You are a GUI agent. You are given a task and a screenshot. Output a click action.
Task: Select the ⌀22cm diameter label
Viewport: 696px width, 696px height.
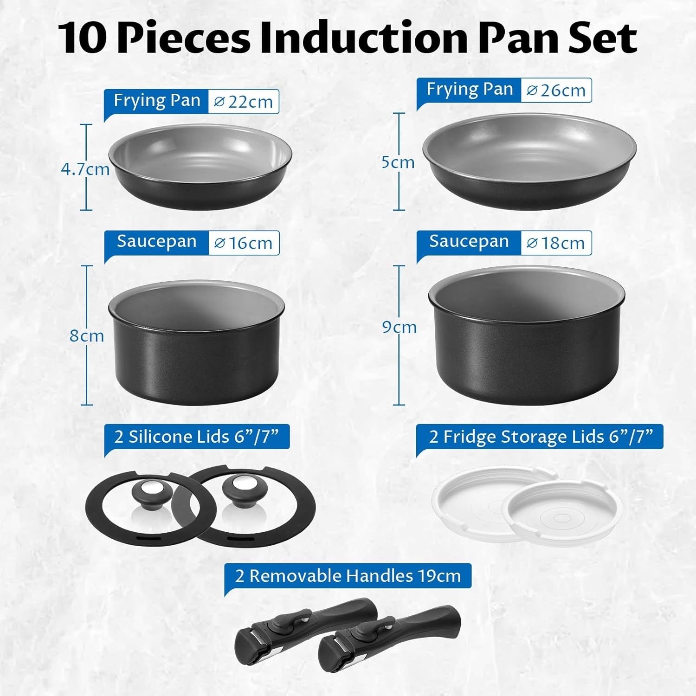[243, 102]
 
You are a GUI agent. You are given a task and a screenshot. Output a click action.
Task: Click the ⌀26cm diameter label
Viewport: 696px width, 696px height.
[556, 90]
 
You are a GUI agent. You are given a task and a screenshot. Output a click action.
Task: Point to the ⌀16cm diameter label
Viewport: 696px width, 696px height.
[243, 243]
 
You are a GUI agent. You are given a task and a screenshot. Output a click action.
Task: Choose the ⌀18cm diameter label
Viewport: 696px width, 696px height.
[556, 243]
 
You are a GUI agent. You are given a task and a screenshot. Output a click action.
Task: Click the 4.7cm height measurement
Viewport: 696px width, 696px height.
[85, 169]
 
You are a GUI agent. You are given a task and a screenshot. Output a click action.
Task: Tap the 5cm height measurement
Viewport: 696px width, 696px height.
[398, 162]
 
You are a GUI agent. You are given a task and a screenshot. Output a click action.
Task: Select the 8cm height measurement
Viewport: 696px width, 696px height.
[87, 335]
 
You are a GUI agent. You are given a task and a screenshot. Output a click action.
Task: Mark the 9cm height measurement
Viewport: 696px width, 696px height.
[399, 327]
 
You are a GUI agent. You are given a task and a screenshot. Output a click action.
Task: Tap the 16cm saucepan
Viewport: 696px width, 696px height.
[196, 343]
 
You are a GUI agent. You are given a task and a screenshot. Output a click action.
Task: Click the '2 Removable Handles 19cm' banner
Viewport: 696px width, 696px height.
[348, 576]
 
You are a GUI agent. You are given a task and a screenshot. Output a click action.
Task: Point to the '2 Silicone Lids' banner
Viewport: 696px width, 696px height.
[196, 437]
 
